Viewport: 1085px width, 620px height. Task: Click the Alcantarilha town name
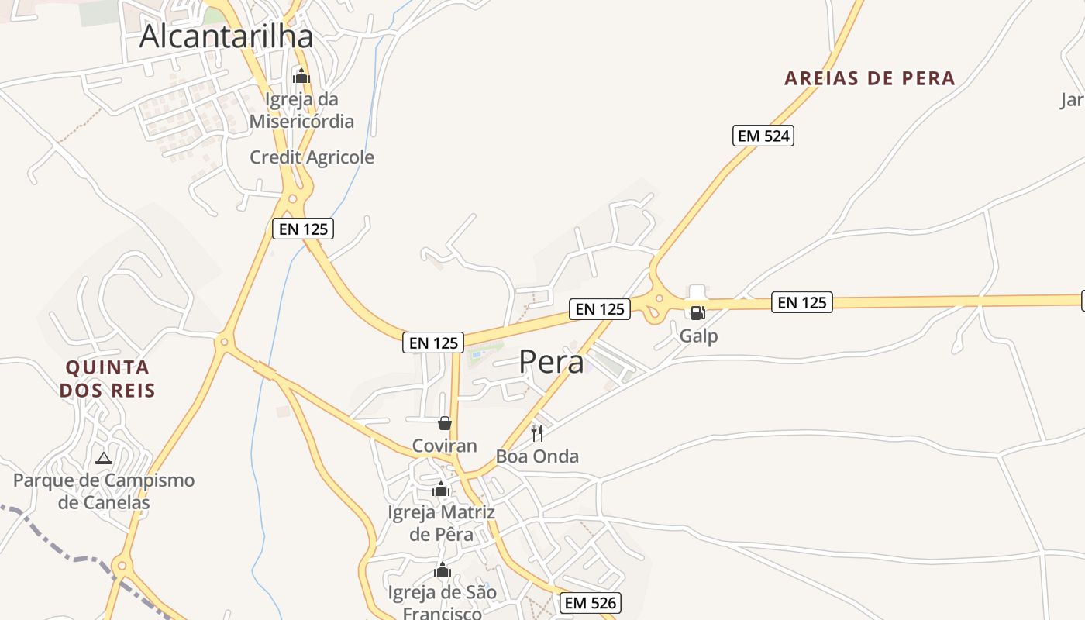point(226,36)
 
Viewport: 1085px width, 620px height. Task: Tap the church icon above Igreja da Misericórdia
point(301,76)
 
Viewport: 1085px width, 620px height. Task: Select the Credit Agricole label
point(312,157)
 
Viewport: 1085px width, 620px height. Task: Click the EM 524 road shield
point(763,136)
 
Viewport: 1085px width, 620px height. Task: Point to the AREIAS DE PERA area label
point(870,78)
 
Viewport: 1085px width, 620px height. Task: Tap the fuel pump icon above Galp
point(697,313)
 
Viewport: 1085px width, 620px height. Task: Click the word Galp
point(698,336)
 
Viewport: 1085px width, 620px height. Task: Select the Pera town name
point(551,361)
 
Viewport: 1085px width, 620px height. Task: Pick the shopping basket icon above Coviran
point(445,423)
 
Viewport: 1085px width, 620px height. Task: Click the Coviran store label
point(445,446)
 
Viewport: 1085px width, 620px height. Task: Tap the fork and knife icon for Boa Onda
point(537,432)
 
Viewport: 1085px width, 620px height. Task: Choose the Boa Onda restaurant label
point(537,456)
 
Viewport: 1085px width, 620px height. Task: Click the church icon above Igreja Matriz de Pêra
point(442,489)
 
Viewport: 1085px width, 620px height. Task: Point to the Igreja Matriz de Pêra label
point(441,523)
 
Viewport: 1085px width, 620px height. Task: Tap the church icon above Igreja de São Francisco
point(443,570)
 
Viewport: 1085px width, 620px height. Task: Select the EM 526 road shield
point(591,602)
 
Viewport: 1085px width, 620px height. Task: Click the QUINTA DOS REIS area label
point(108,378)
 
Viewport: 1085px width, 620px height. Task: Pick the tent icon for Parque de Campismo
point(104,458)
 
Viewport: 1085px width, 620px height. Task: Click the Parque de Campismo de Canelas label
point(104,491)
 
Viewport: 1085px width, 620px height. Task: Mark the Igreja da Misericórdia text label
point(301,110)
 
